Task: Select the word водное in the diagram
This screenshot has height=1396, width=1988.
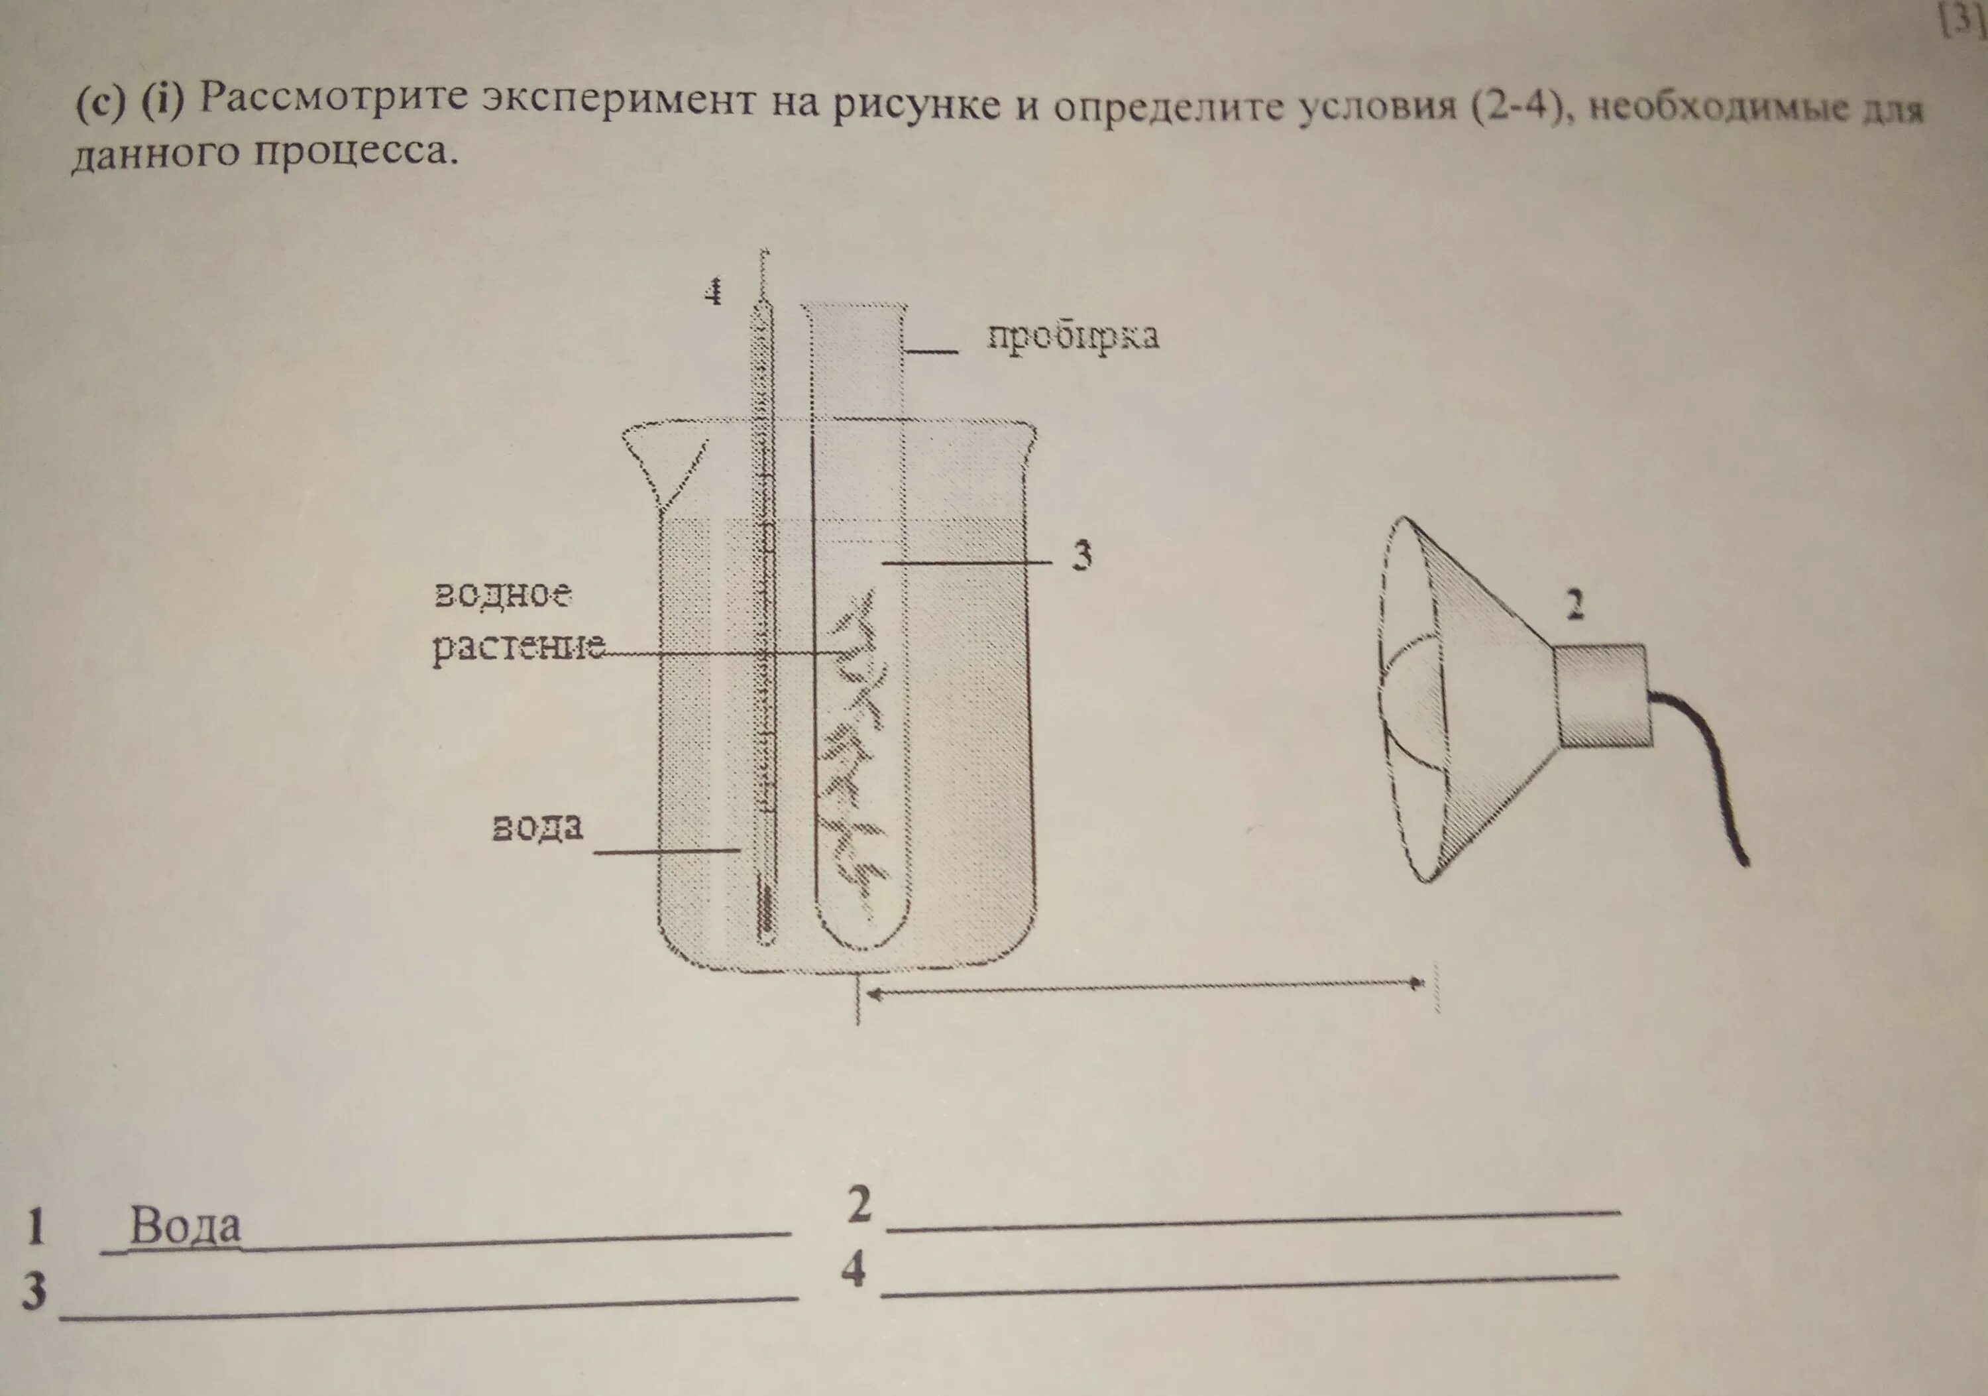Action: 503,595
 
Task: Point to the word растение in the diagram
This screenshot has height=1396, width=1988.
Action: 517,648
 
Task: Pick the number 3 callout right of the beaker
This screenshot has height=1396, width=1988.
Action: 1081,555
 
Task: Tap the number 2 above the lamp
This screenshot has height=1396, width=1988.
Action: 1576,605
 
